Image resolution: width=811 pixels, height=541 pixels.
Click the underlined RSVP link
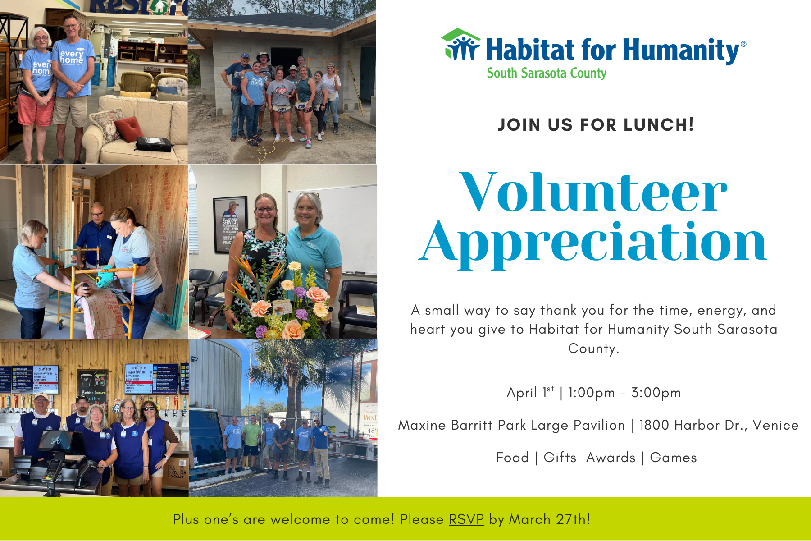click(x=466, y=519)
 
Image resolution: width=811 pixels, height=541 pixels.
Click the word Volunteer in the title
click(x=593, y=193)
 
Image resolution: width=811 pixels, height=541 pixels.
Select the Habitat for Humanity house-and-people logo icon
click(x=460, y=45)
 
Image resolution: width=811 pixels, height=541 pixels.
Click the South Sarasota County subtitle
click(x=546, y=73)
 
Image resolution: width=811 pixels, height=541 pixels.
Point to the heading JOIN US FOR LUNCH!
click(x=595, y=125)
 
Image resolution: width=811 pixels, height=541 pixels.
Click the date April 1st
click(x=530, y=392)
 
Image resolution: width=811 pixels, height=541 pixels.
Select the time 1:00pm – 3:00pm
click(x=624, y=393)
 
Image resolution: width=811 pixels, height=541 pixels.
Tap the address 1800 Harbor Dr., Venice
click(x=719, y=425)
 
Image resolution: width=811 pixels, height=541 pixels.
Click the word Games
click(x=673, y=458)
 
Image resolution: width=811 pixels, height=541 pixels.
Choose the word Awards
click(x=611, y=458)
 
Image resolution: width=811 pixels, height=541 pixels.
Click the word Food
click(x=512, y=458)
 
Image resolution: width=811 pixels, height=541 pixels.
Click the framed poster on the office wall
click(x=230, y=224)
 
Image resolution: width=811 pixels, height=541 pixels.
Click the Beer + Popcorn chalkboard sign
click(x=93, y=388)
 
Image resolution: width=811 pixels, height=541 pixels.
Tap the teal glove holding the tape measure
click(x=105, y=280)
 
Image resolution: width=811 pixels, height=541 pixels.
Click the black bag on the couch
click(x=153, y=144)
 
